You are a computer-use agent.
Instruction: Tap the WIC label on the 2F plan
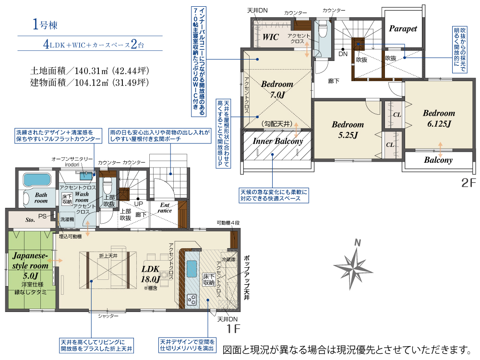coord(271,37)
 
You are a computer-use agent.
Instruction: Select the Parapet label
coord(403,28)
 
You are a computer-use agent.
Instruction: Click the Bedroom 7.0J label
coord(277,89)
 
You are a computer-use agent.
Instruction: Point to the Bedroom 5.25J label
coord(348,130)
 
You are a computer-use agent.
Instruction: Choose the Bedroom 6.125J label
coord(439,118)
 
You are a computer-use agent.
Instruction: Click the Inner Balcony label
coord(277,141)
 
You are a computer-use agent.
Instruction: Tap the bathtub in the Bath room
coord(36,180)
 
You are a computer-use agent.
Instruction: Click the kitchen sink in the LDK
coord(192,269)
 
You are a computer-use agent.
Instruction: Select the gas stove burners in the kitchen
coord(192,300)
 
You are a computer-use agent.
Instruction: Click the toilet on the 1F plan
coord(108,184)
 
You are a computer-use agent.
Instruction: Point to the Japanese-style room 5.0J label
coord(30,265)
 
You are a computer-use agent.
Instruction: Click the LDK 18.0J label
coord(151,274)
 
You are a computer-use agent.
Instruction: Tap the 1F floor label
coord(233,329)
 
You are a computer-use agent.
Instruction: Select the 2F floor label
coord(468,183)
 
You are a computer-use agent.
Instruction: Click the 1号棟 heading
coord(45,24)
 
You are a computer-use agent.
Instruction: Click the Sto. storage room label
coord(30,220)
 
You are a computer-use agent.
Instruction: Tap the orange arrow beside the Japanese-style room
coord(55,261)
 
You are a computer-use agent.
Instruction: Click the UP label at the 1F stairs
coord(138,204)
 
